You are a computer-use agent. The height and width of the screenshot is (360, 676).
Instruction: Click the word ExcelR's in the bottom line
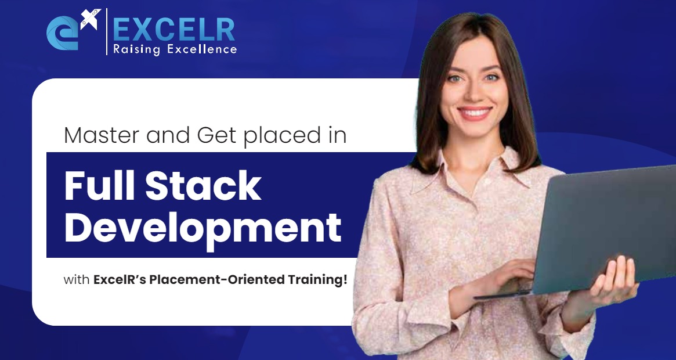[120, 280]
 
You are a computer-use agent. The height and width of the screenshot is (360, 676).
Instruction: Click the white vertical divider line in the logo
[107, 32]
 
